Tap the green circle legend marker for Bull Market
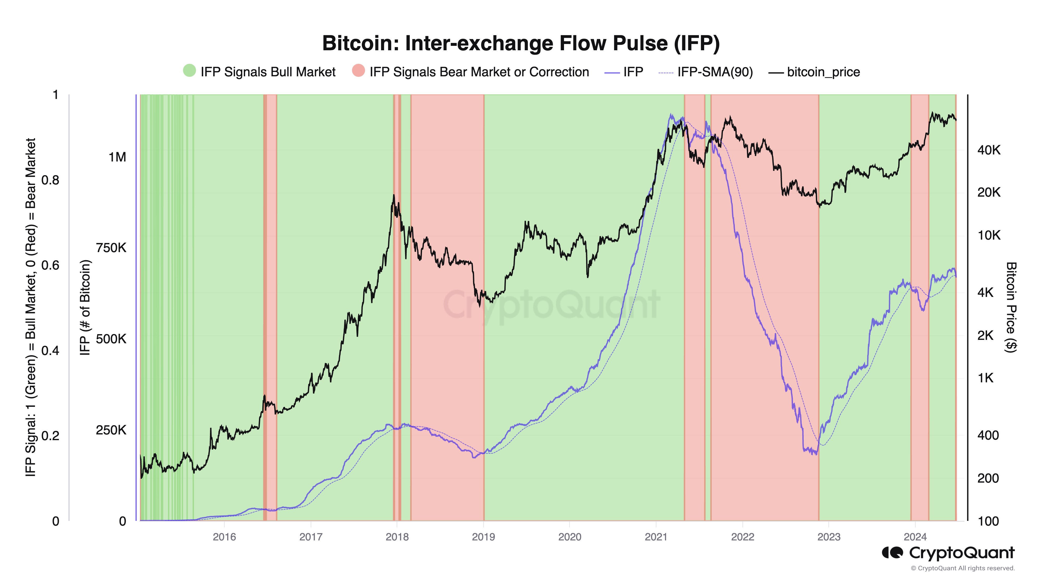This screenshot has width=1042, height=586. [x=189, y=71]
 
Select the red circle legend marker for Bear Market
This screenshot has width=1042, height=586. [x=358, y=71]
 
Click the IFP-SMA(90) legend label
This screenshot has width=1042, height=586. [x=715, y=72]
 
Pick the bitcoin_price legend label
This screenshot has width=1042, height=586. [x=823, y=72]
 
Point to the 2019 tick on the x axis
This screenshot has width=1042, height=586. [x=483, y=537]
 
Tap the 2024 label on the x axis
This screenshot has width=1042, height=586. [x=915, y=537]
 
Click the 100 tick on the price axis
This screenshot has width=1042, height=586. [x=988, y=521]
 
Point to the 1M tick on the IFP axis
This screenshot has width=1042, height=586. [x=117, y=157]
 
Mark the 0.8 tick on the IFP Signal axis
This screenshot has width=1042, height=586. [x=50, y=180]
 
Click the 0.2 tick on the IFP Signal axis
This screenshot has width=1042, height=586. [x=50, y=435]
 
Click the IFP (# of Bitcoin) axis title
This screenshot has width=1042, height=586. [x=85, y=307]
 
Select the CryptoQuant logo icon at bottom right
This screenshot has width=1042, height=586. [x=892, y=552]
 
